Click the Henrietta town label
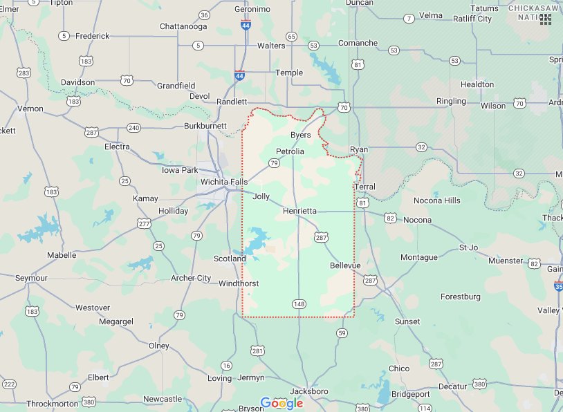(x=299, y=210)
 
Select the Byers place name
(x=300, y=135)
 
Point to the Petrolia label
(x=290, y=151)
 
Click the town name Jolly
(x=261, y=196)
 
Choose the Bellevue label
(x=345, y=265)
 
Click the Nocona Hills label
(x=436, y=200)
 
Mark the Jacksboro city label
(x=309, y=391)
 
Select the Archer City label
(x=191, y=279)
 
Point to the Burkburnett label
(x=205, y=126)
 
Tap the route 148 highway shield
(x=299, y=303)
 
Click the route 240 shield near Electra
(x=133, y=128)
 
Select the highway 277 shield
(x=144, y=223)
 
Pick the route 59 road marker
(x=342, y=333)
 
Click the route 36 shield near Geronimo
(x=203, y=15)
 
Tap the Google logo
(x=281, y=403)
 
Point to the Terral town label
(x=364, y=187)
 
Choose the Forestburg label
(x=460, y=297)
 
